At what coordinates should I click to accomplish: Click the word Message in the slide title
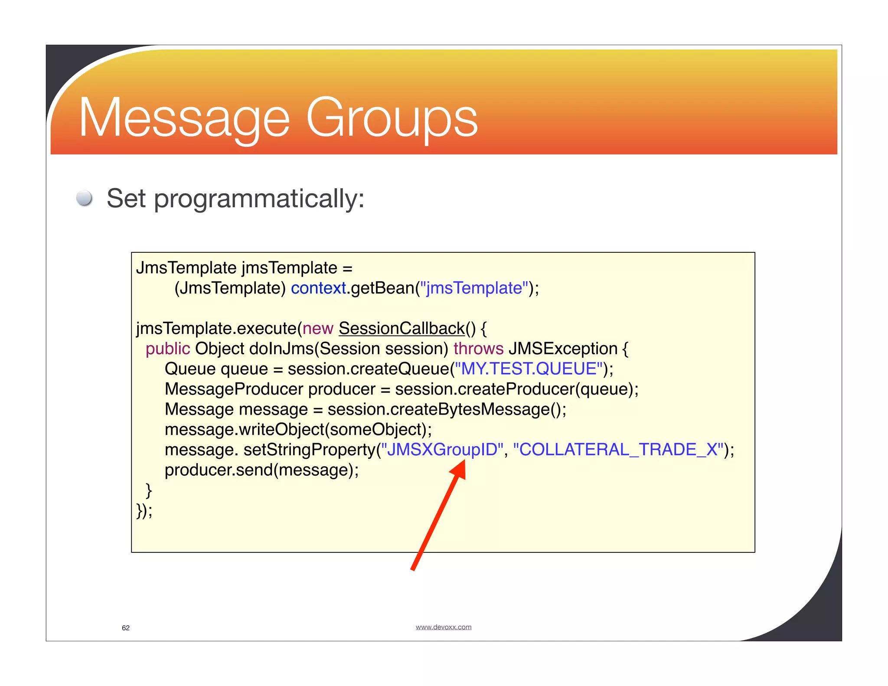coord(184,118)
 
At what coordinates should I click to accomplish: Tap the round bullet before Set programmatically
coord(84,198)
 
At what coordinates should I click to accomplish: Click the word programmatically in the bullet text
coord(259,199)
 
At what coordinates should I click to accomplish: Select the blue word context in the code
coord(318,288)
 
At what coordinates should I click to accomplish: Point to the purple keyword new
coord(318,329)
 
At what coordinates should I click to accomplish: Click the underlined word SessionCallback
coord(402,329)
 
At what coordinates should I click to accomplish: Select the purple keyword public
coord(168,349)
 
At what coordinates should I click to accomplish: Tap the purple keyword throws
coord(478,349)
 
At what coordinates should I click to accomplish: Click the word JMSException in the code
coord(563,349)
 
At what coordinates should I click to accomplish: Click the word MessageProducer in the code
coord(234,389)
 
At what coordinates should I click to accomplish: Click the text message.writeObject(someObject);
coord(298,430)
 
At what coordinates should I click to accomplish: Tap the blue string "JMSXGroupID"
coord(442,450)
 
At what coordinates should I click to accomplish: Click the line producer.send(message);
coord(262,470)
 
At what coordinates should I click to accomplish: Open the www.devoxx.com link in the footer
coord(443,627)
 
